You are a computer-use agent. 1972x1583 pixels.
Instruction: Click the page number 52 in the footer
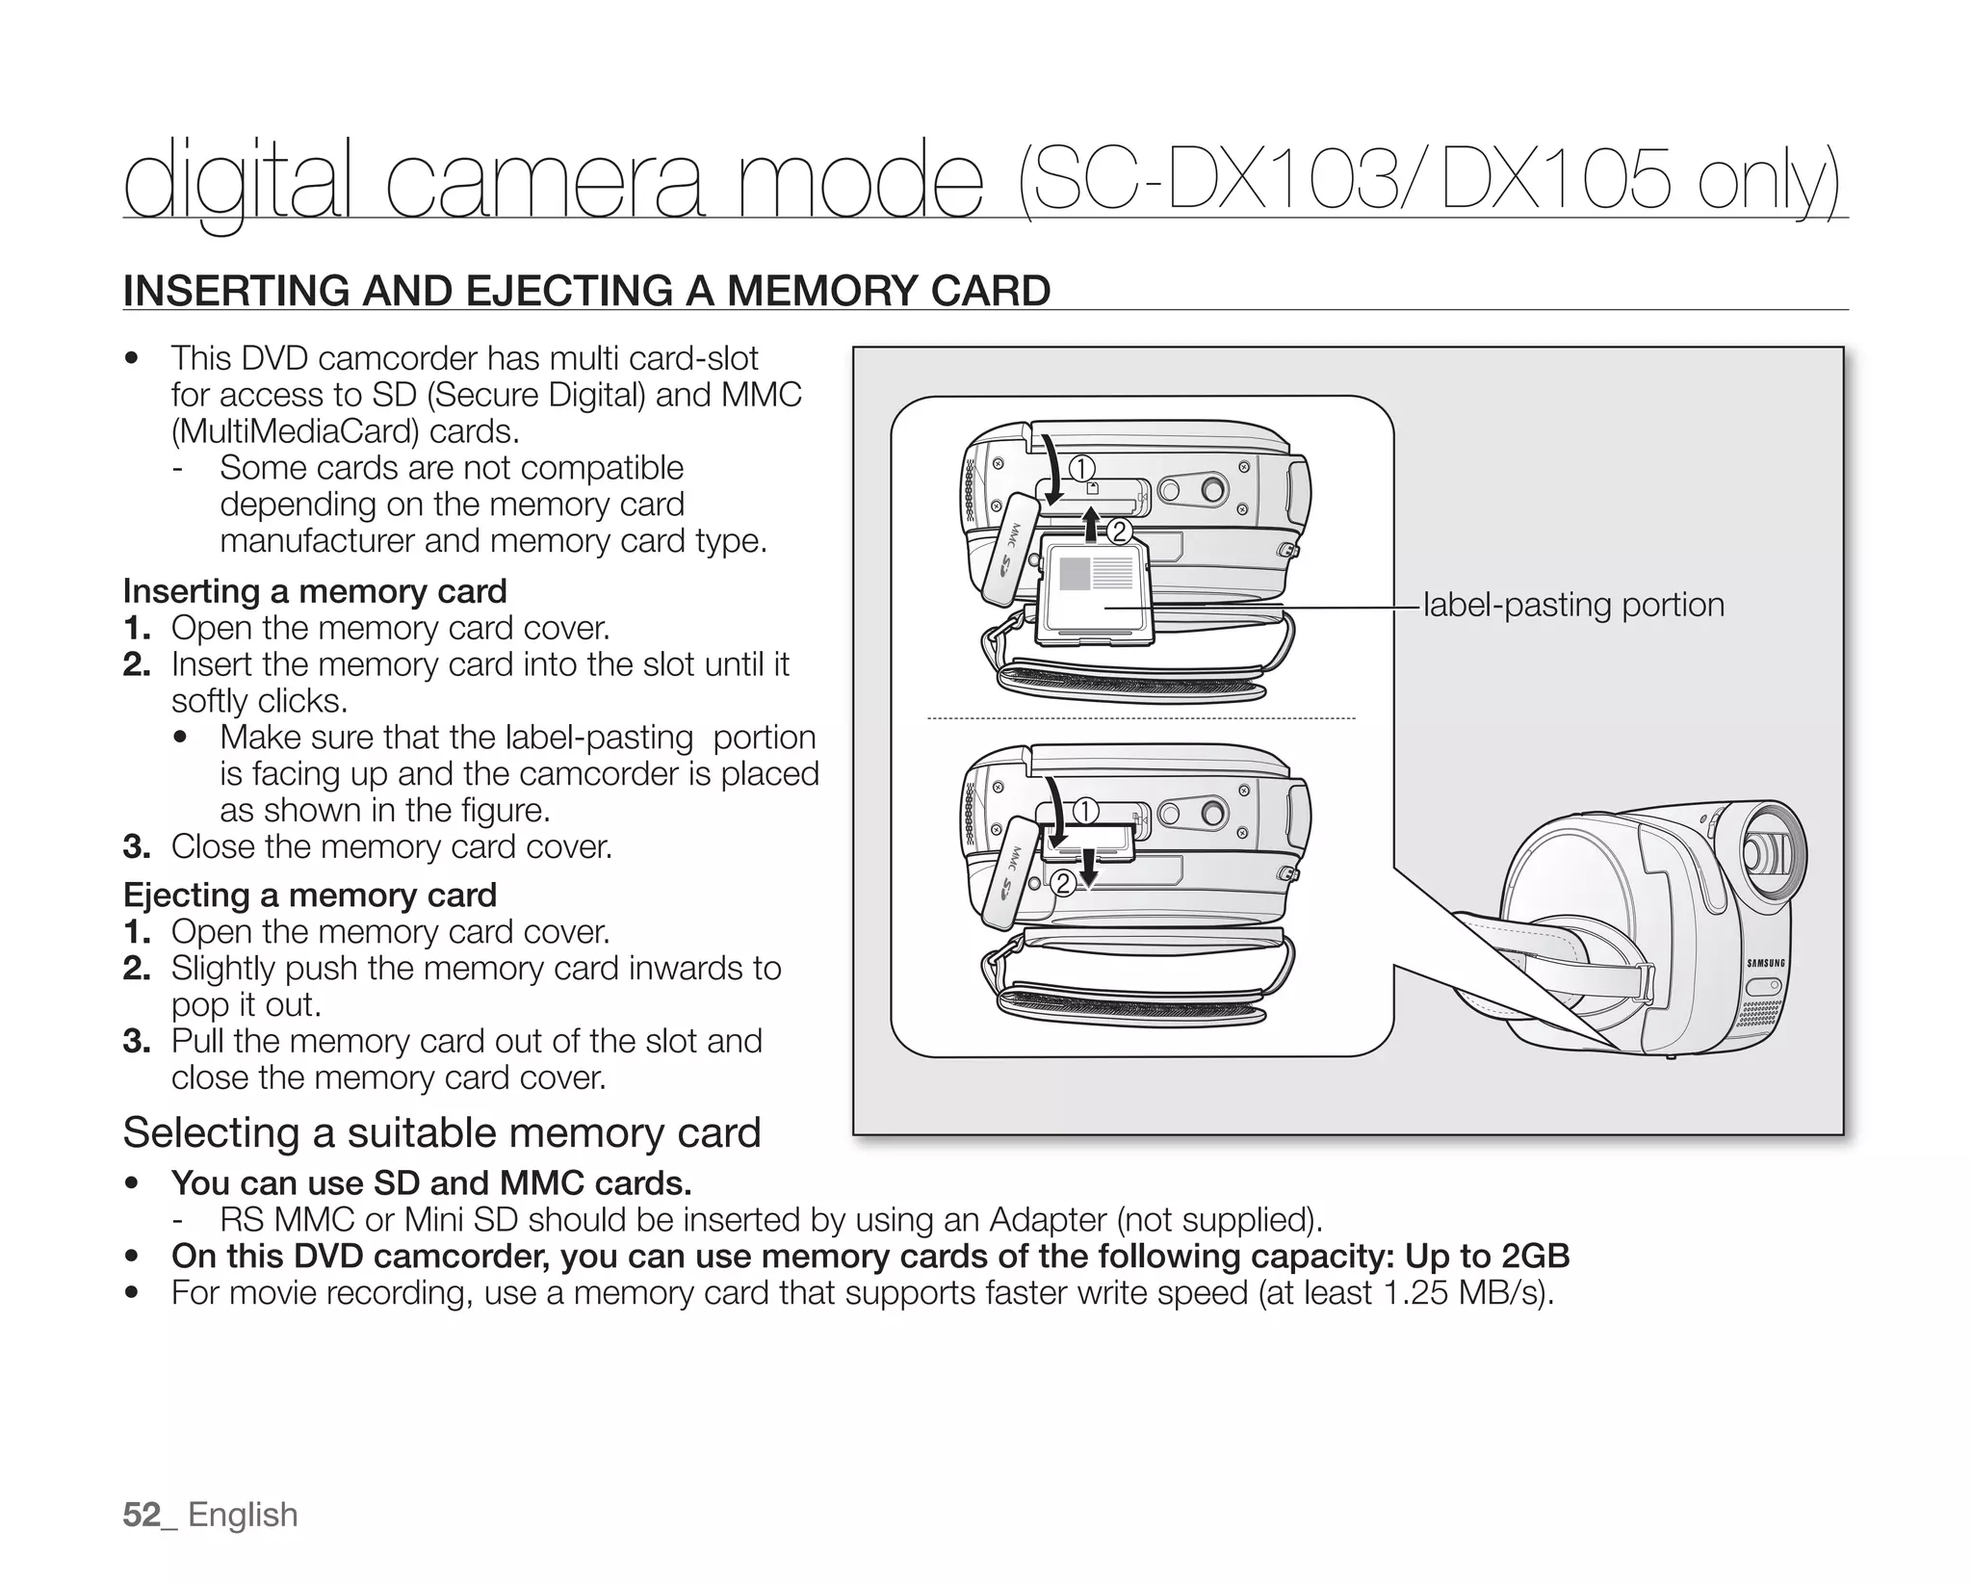[142, 1515]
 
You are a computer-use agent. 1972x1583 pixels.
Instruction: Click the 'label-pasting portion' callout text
[1573, 606]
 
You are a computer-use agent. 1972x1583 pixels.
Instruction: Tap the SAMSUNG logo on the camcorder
[1766, 963]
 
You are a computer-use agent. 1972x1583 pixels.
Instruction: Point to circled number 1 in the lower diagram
[1085, 812]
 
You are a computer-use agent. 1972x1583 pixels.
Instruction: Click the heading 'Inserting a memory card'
[315, 591]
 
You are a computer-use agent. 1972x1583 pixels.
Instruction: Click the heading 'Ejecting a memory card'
[310, 895]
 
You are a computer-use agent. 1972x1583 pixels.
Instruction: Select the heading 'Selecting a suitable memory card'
[442, 1132]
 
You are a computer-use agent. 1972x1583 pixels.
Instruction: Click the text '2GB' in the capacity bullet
[1535, 1257]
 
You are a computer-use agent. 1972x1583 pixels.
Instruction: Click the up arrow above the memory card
[1091, 526]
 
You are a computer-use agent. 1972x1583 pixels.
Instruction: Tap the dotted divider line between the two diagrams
[1141, 718]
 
